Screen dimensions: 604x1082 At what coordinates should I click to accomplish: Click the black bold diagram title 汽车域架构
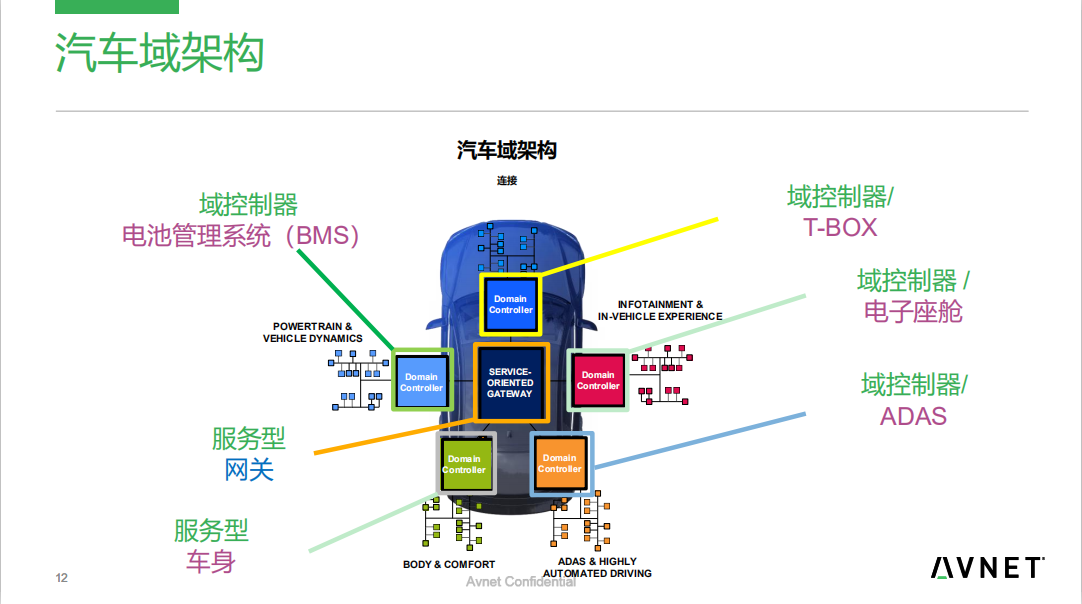coord(506,151)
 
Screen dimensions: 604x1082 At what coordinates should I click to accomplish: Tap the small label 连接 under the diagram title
coord(507,181)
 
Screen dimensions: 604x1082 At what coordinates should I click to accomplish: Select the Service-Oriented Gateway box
coord(510,383)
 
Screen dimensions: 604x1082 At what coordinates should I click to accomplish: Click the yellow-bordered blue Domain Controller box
coord(510,304)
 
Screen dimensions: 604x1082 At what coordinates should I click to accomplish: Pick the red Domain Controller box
coord(598,381)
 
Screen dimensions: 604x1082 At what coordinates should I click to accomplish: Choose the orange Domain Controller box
coord(560,463)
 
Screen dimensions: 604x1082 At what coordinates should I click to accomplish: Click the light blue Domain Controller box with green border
coord(421,382)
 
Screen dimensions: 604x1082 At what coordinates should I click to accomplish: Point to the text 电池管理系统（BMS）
coord(240,236)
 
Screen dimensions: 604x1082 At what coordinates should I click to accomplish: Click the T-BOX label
coord(840,227)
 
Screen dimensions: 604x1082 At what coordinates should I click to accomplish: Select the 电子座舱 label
coord(913,311)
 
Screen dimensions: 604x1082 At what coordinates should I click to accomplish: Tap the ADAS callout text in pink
coord(913,415)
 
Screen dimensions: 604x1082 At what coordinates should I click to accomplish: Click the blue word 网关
coord(249,469)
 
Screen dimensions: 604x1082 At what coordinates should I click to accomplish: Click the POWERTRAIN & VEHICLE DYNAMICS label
coord(313,332)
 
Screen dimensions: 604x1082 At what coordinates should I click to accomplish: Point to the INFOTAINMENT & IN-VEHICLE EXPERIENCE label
coord(660,310)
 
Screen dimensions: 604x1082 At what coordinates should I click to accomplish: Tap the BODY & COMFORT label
coord(449,565)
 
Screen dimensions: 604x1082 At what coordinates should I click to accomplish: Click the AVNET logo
coord(988,568)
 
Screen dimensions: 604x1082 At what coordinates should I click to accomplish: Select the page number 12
coord(61,578)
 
